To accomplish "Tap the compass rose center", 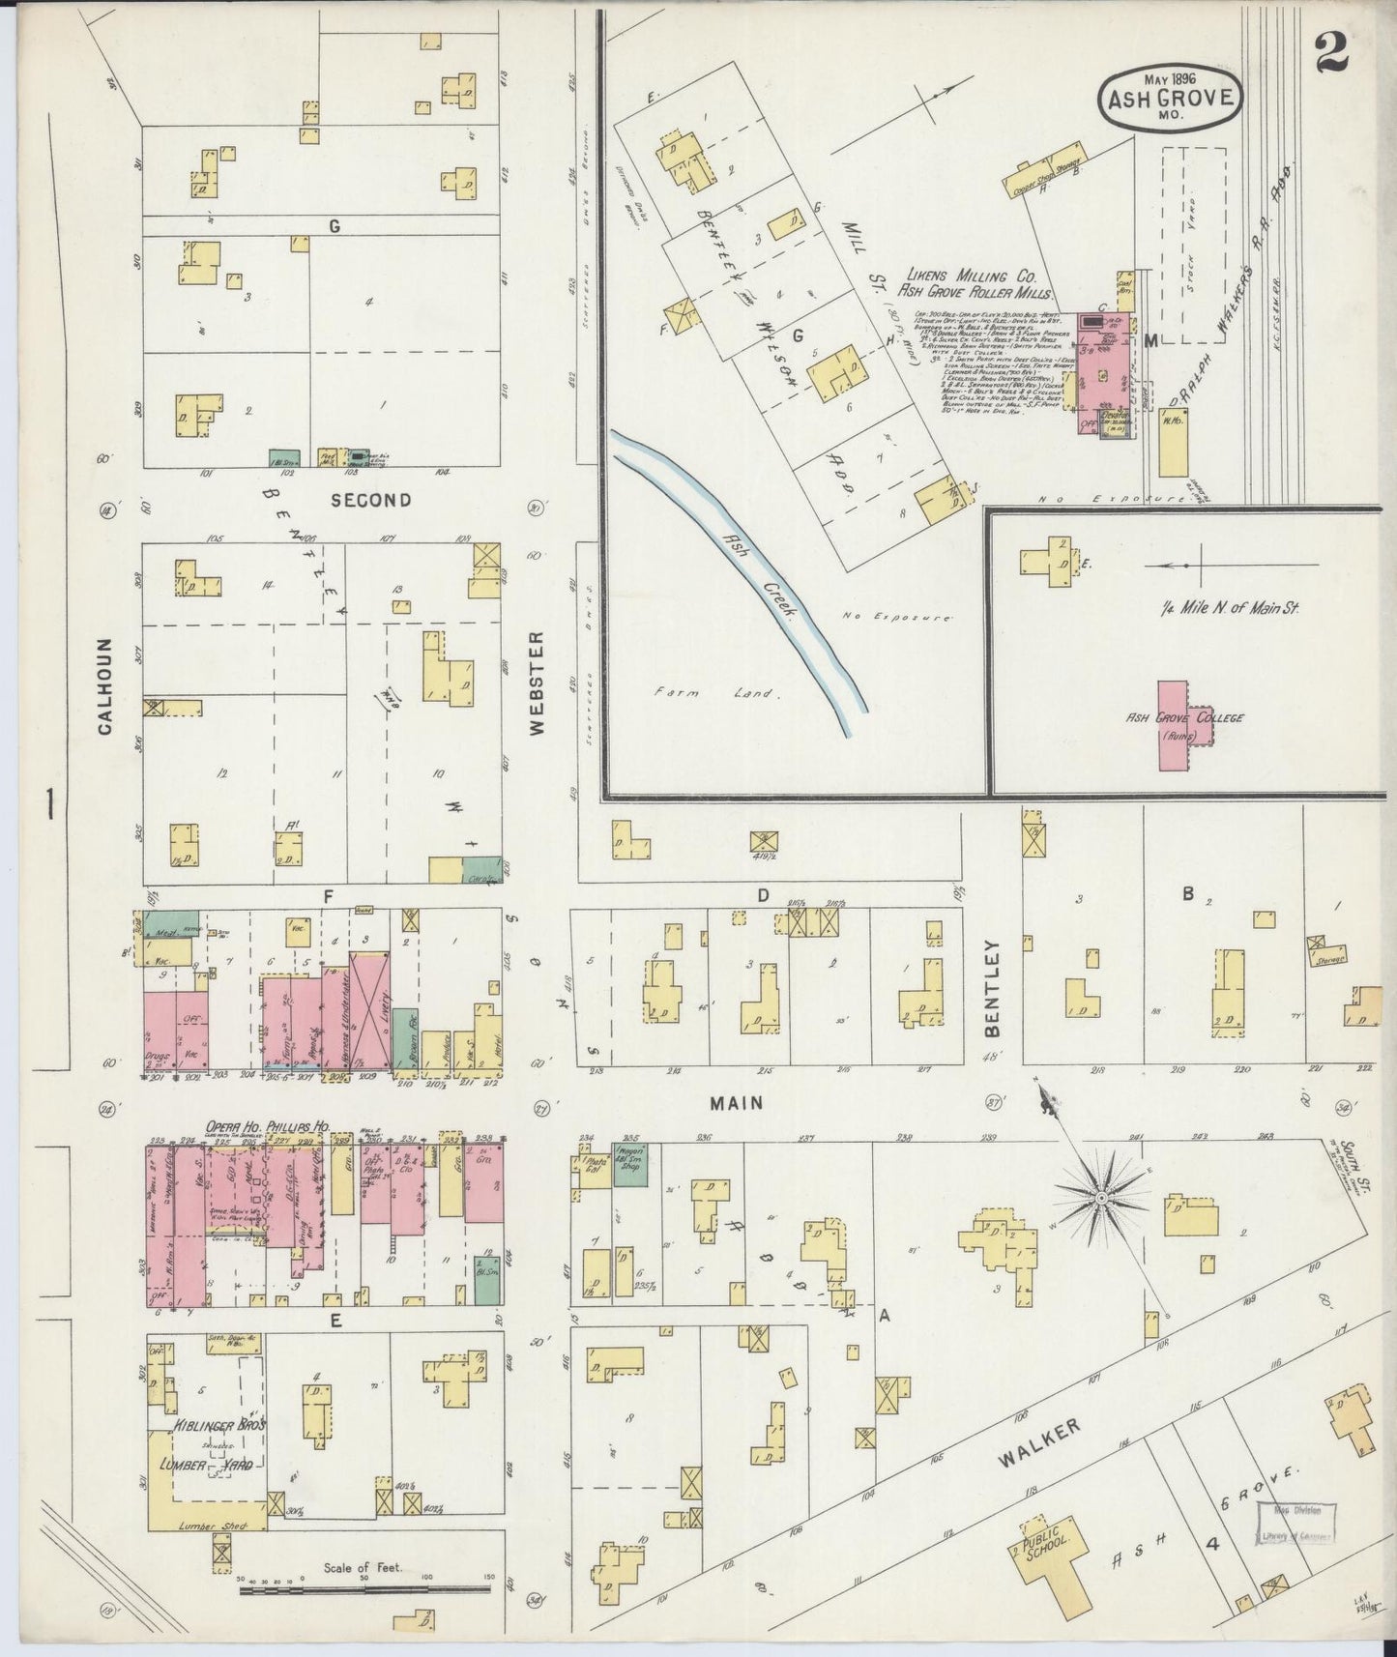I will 1100,1199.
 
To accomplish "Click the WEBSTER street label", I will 538,683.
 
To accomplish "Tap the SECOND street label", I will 370,500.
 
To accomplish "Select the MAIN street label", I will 737,1103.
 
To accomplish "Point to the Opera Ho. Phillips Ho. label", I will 266,1127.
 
